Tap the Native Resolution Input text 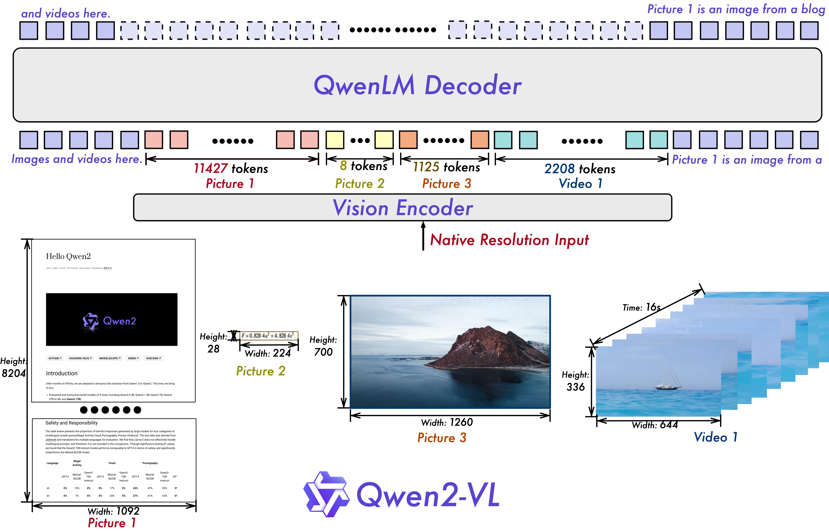(509, 240)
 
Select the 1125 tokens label (446, 167)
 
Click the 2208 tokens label (580, 169)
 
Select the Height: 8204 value (14, 373)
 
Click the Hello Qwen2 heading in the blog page (68, 256)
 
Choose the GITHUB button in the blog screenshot (55, 358)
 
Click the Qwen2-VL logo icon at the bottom (326, 494)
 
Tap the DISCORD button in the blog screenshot (153, 358)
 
